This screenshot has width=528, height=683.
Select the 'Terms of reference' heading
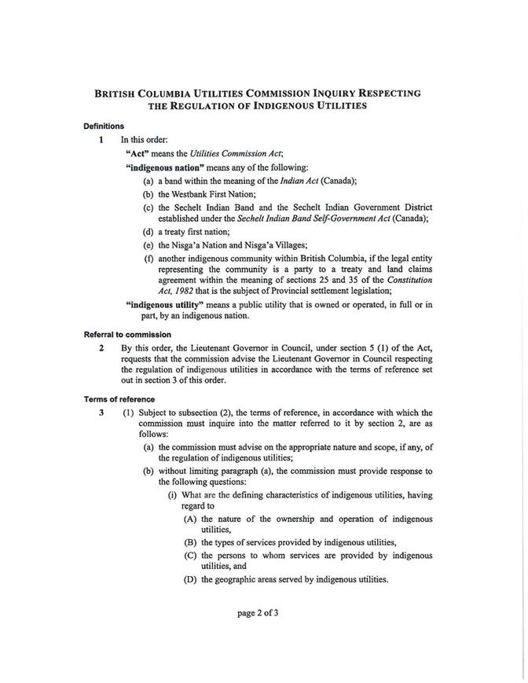click(x=116, y=399)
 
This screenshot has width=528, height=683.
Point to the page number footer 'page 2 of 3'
click(x=258, y=613)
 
